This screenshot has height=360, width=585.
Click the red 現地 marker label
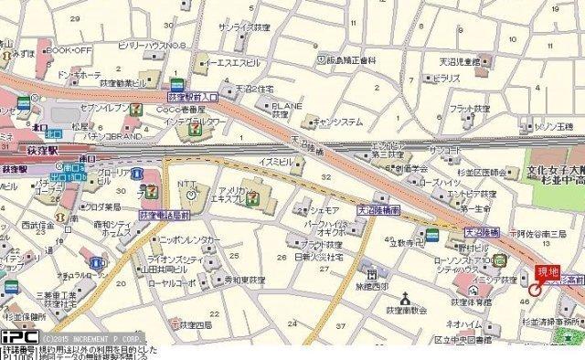(x=548, y=272)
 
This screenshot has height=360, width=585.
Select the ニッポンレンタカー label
(x=193, y=239)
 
